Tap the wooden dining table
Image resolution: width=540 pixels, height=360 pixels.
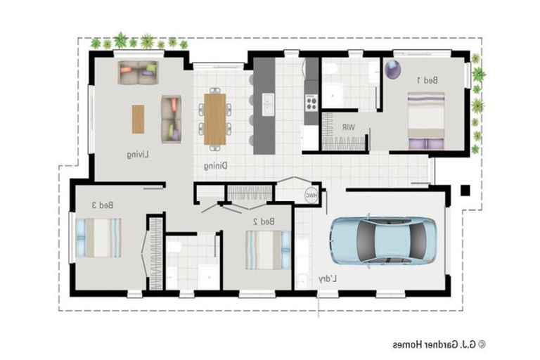click(214, 120)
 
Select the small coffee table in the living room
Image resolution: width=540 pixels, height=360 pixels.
click(138, 119)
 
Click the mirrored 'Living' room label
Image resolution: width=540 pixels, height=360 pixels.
click(138, 154)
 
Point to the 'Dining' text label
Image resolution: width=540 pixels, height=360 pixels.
click(215, 167)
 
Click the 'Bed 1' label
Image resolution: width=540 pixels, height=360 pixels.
click(427, 80)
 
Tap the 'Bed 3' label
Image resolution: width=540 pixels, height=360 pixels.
click(103, 205)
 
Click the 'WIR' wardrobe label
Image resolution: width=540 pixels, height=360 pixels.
click(348, 127)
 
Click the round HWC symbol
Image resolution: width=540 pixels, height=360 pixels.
click(310, 195)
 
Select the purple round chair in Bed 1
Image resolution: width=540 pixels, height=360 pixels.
click(392, 69)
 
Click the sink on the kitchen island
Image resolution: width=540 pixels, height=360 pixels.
click(268, 103)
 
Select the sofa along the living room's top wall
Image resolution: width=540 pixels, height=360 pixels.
click(138, 72)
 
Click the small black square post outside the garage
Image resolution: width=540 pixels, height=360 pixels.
click(465, 190)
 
